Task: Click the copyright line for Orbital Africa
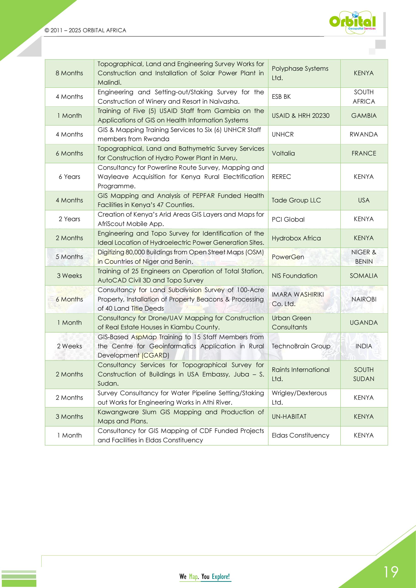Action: (x=85, y=30)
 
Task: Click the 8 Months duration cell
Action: (x=70, y=73)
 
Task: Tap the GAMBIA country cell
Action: (x=364, y=116)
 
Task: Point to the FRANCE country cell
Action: (x=364, y=153)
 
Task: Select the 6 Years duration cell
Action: (x=70, y=177)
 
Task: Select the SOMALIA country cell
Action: (x=364, y=276)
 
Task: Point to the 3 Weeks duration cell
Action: (x=70, y=276)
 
